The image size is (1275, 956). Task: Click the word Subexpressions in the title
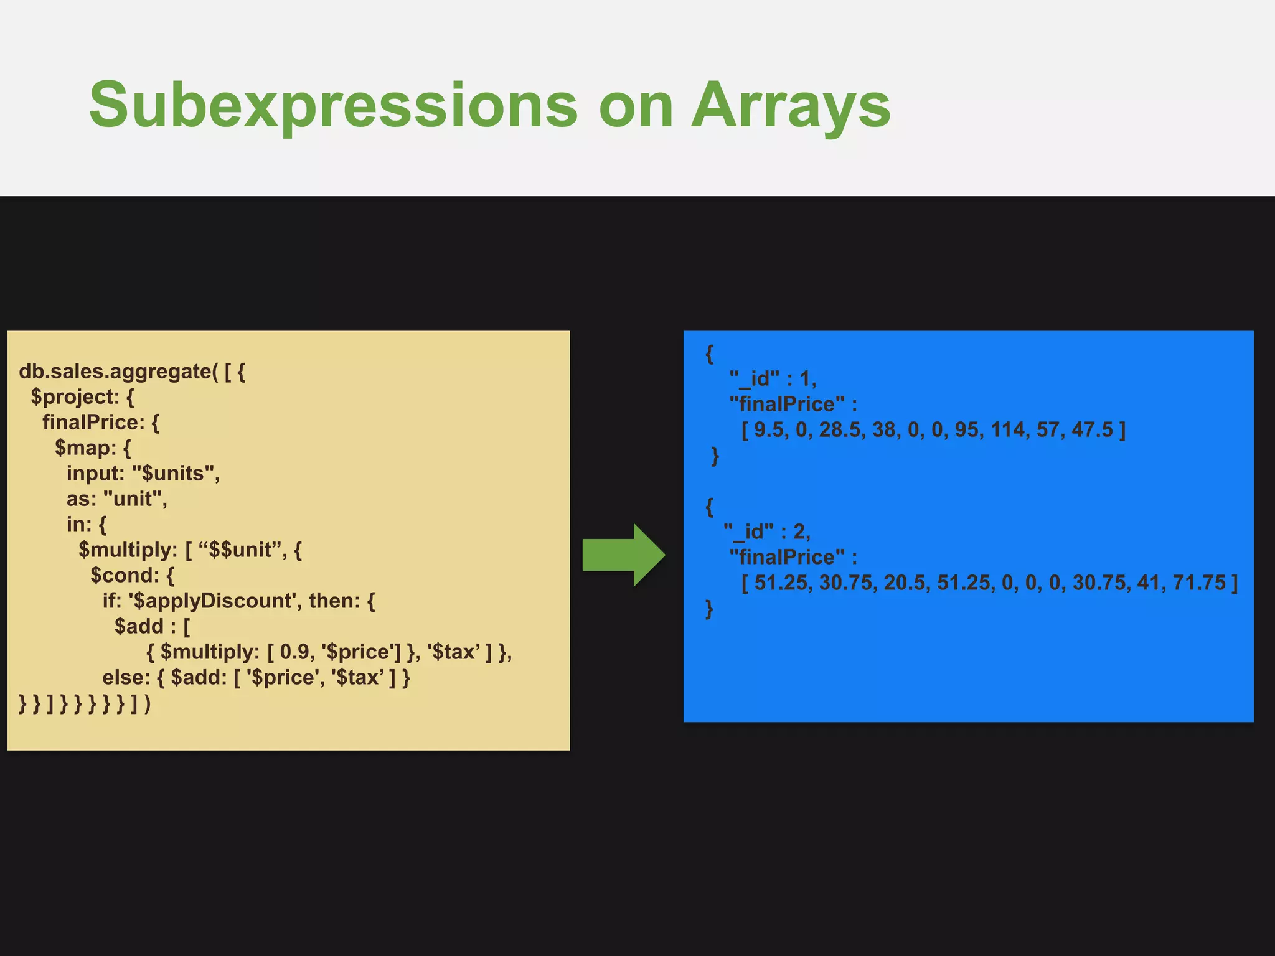pos(334,106)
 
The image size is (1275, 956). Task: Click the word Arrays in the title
pos(791,106)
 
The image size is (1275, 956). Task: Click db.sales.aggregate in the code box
pos(115,372)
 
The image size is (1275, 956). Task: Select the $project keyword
pos(75,397)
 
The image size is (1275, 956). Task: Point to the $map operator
pos(85,448)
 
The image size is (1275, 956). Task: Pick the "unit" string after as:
pos(134,499)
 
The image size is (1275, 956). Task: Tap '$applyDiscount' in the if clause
pos(212,601)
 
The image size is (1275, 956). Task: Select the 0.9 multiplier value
pos(294,652)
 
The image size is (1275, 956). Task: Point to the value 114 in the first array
pos(1007,430)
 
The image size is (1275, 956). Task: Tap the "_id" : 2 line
pos(767,532)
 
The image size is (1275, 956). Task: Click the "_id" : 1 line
pos(772,379)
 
